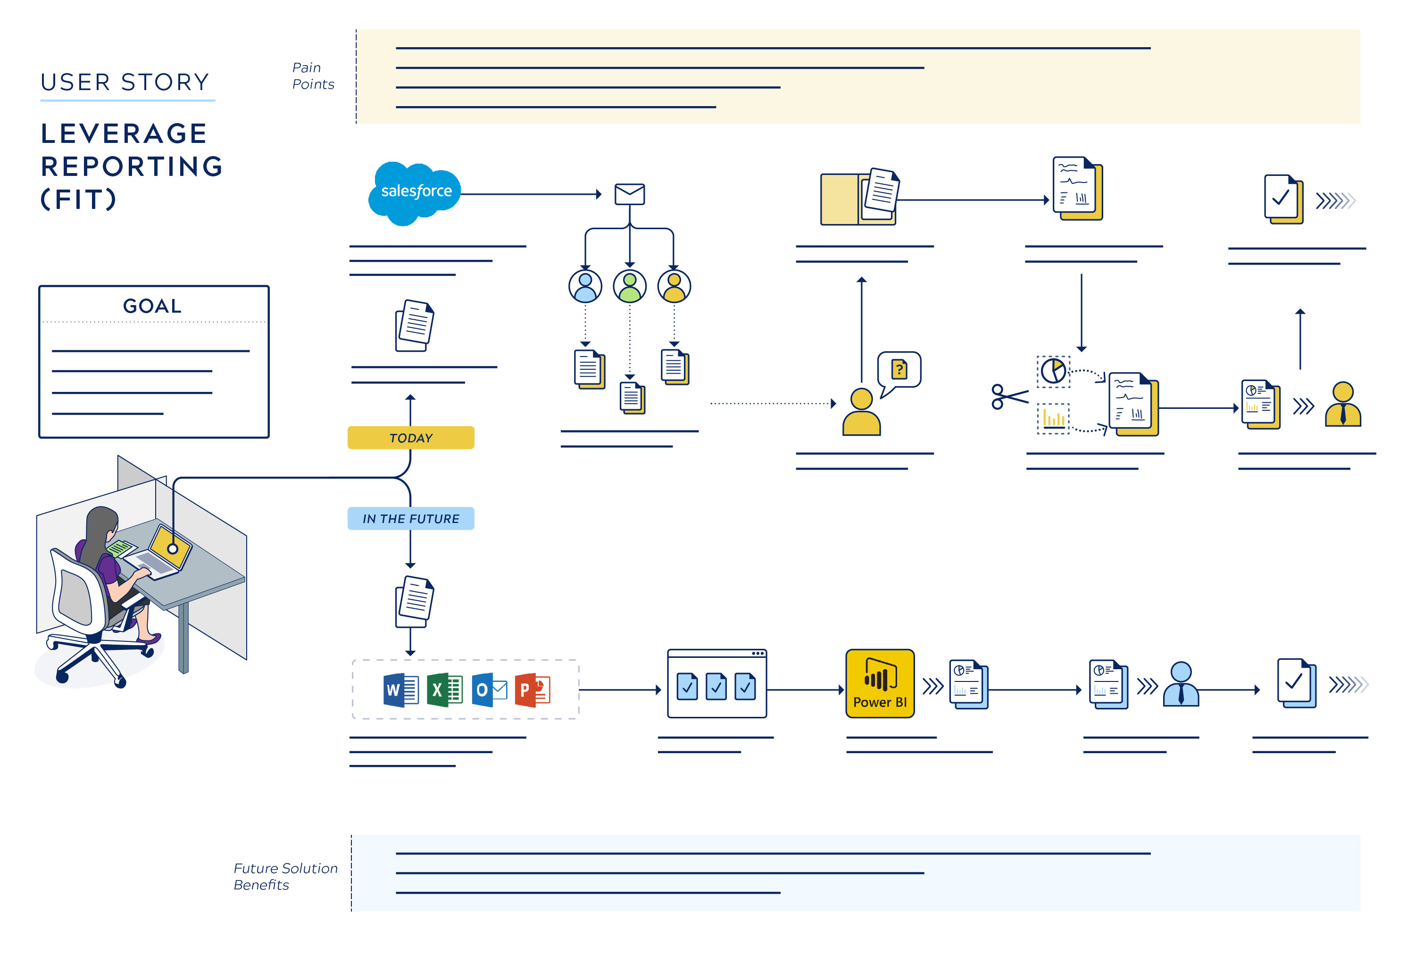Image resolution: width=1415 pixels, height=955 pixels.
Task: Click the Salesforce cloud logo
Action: [x=415, y=193]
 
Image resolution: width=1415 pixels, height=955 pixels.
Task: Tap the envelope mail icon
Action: [x=630, y=194]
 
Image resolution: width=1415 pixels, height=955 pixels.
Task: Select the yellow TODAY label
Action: [x=411, y=438]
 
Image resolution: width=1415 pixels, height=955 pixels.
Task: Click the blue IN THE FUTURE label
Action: [x=411, y=519]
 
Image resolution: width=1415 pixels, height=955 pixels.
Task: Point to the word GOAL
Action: [x=152, y=306]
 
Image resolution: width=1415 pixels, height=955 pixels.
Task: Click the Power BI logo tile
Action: [x=880, y=683]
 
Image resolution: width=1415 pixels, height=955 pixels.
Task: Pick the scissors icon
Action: [x=1009, y=396]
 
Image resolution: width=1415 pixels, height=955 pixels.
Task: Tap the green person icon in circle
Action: [x=630, y=286]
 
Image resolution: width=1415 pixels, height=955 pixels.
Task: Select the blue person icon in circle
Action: [x=585, y=286]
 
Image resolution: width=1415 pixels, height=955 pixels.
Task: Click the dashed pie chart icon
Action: [x=1053, y=371]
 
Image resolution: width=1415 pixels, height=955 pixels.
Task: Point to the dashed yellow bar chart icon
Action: [x=1053, y=419]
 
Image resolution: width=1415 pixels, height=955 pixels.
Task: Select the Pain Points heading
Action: [x=313, y=75]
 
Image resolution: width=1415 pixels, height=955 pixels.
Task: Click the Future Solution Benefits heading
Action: [x=285, y=877]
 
